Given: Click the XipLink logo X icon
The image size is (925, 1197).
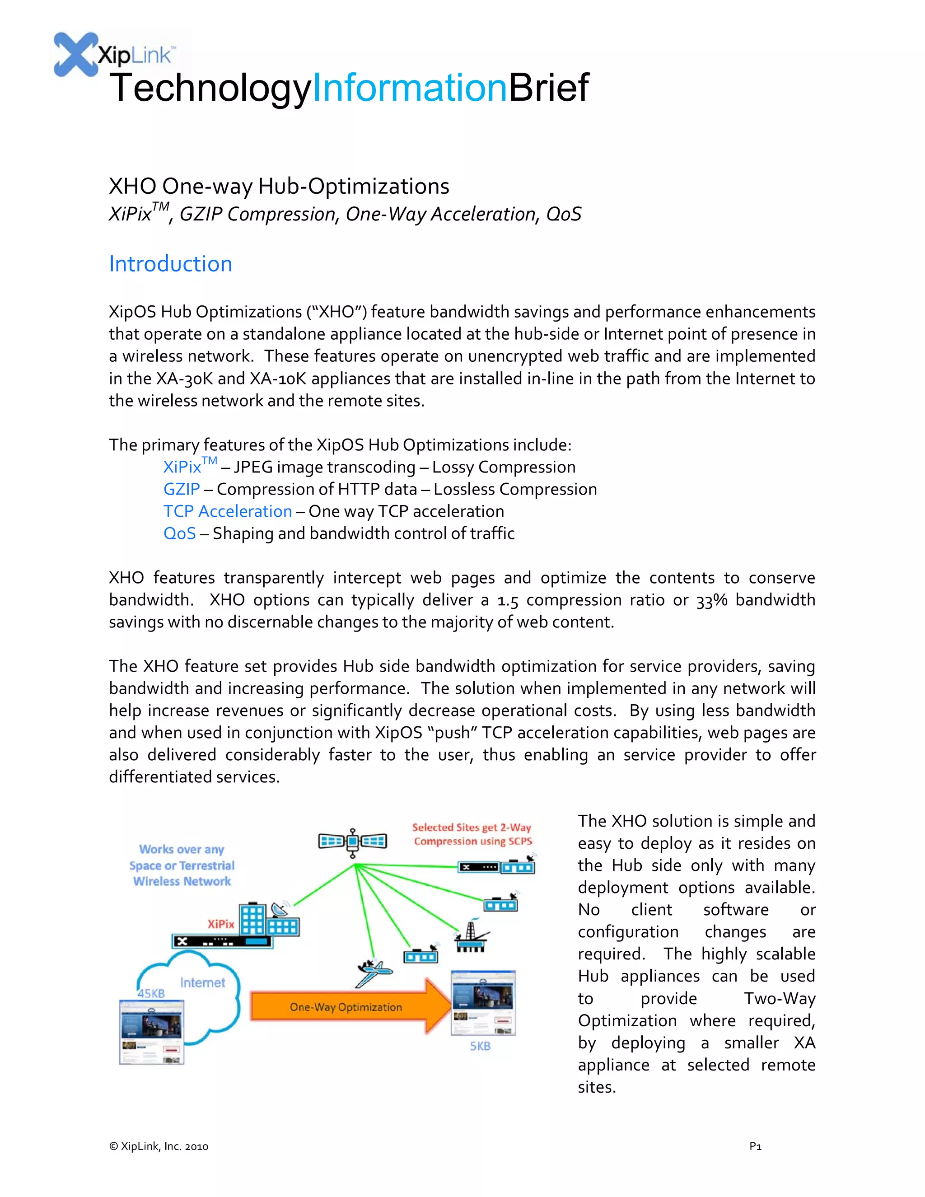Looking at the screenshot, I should point(75,54).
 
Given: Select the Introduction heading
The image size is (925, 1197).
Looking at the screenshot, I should point(170,264).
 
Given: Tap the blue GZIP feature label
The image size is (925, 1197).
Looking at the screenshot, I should point(182,489).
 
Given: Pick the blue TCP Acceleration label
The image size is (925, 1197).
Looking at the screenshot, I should point(228,511).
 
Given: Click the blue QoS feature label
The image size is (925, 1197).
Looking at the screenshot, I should point(179,533).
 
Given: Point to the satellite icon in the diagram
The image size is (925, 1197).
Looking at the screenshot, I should point(352,842).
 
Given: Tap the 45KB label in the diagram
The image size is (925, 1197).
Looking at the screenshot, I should point(151,993).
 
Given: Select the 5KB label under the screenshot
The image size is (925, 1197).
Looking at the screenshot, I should point(480,1046).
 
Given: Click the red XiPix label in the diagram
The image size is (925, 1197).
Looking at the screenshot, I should point(221,924).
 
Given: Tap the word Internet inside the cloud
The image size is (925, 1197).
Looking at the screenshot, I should point(202,983).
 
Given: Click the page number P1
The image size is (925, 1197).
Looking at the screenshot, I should point(755,1146).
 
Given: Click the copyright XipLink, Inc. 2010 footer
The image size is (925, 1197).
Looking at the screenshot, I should point(159,1146).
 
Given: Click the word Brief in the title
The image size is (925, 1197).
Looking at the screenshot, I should point(548,88).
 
